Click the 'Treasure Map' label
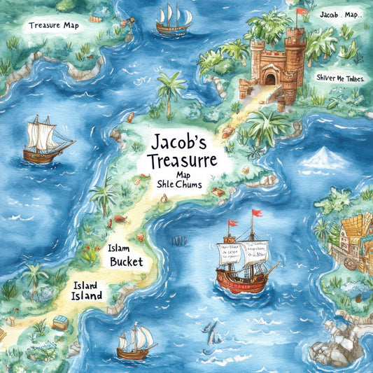tap(55, 26)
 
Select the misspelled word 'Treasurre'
tap(178, 162)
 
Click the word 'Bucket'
tap(126, 262)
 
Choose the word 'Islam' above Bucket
tap(120, 248)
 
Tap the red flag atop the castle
tap(302, 11)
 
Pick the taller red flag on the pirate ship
tap(258, 213)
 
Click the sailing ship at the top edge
tap(174, 20)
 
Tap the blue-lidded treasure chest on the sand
tap(61, 321)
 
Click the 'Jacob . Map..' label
tap(339, 14)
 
